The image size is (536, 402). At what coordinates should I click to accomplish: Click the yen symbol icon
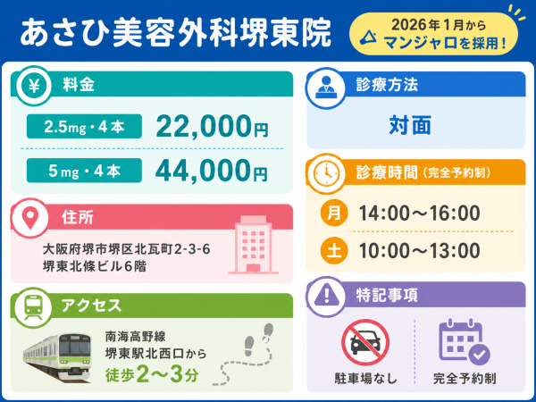[x=34, y=86]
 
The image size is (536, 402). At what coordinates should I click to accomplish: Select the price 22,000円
[x=212, y=127]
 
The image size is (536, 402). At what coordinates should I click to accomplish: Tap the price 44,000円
[x=212, y=171]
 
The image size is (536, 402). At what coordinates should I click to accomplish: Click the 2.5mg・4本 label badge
[x=84, y=127]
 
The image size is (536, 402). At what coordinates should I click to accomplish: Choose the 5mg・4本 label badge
[x=84, y=171]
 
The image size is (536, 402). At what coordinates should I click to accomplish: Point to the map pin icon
[x=30, y=217]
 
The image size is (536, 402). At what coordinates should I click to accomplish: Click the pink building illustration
[x=254, y=245]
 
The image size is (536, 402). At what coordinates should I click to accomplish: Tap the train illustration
[x=57, y=357]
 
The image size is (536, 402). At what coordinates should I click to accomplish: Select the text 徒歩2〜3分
[x=152, y=375]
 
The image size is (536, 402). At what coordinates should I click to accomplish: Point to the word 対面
[x=410, y=125]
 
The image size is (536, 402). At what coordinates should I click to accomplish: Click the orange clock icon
[x=326, y=173]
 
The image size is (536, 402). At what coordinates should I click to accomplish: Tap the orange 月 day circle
[x=334, y=213]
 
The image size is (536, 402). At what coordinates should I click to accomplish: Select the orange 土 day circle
[x=334, y=250]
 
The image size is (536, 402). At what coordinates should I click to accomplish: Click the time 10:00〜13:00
[x=420, y=250]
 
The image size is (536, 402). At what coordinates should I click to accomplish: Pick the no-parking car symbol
[x=365, y=343]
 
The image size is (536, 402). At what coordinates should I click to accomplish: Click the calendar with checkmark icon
[x=465, y=342]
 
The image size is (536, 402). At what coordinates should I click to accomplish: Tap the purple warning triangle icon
[x=327, y=296]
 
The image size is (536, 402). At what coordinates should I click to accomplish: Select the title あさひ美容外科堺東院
[x=176, y=33]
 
